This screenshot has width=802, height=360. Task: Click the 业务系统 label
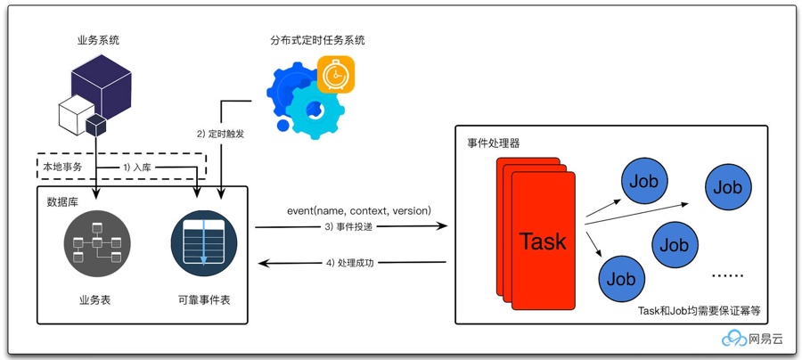tap(98, 40)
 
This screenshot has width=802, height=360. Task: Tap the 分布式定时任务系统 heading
tap(317, 40)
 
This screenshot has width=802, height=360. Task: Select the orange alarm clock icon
tap(336, 74)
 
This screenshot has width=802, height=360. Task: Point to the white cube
tap(76, 115)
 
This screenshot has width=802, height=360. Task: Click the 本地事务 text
tap(60, 167)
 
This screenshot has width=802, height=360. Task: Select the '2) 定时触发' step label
tap(220, 135)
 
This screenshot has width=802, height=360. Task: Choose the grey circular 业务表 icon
tap(97, 243)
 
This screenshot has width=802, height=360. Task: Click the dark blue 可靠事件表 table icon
tap(203, 243)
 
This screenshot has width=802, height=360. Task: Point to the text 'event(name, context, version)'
tap(360, 210)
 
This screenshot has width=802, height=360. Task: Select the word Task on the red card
tap(543, 241)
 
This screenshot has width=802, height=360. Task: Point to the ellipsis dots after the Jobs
tap(728, 275)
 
